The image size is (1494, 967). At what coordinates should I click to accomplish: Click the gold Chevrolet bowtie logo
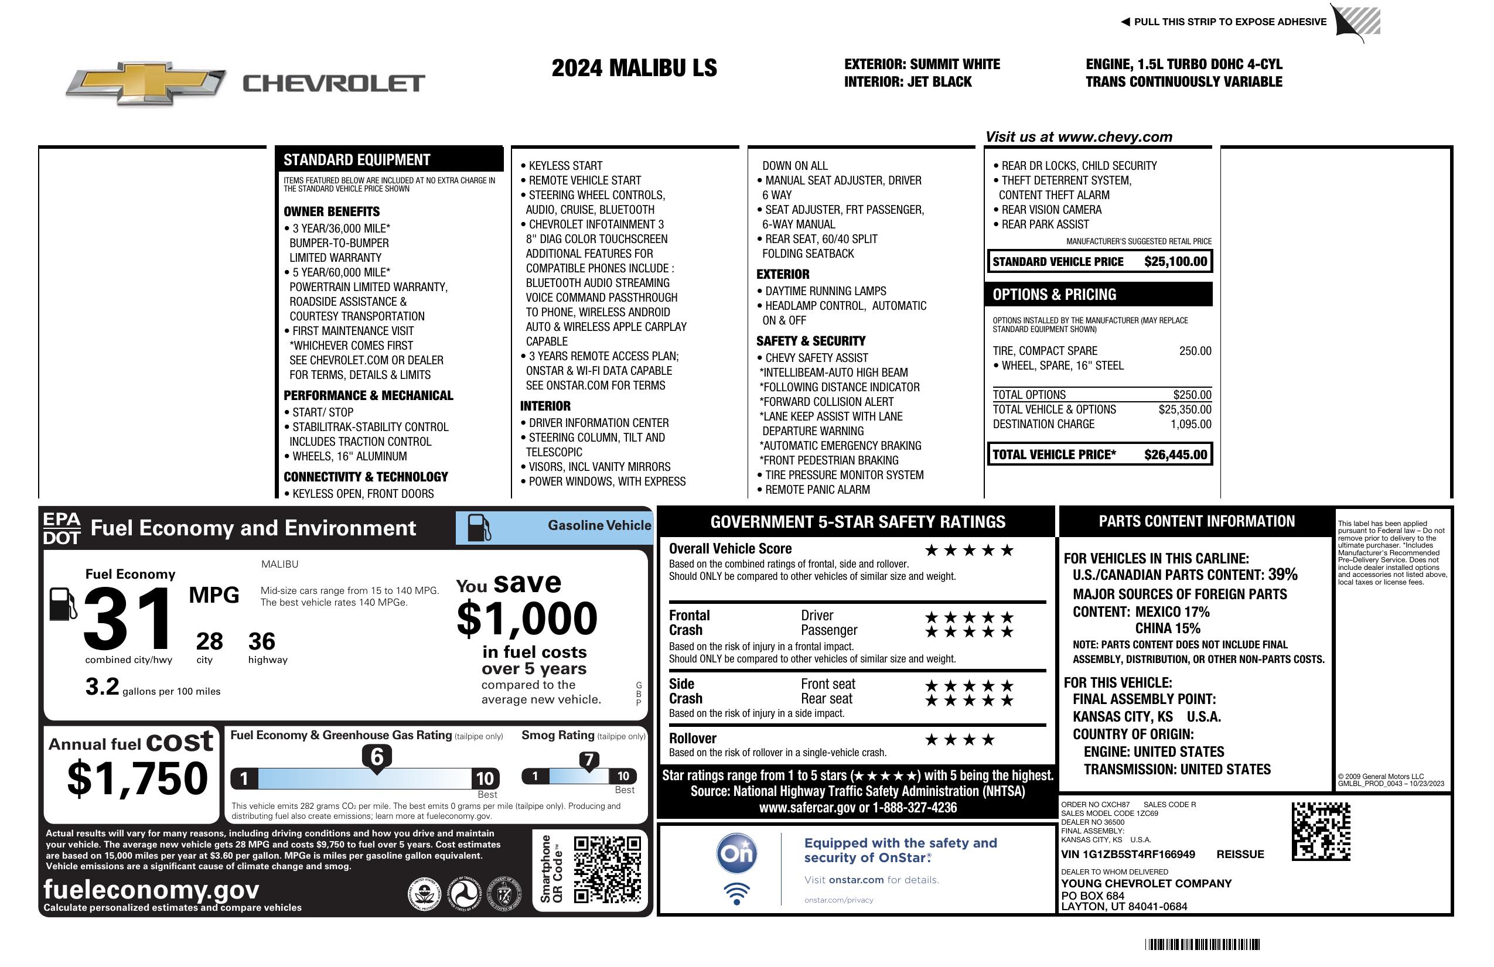pyautogui.click(x=146, y=83)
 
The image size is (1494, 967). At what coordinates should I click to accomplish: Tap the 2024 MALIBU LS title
pyautogui.click(x=634, y=69)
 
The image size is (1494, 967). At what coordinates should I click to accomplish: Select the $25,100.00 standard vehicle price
pyautogui.click(x=1175, y=262)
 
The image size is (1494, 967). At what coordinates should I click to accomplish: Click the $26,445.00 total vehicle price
pyautogui.click(x=1175, y=455)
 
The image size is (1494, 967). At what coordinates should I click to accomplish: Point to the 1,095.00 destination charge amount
pyautogui.click(x=1191, y=424)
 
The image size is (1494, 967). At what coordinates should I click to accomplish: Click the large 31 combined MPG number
pyautogui.click(x=128, y=619)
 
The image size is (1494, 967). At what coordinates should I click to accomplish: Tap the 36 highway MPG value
pyautogui.click(x=261, y=641)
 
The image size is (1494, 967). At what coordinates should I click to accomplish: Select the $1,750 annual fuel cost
pyautogui.click(x=138, y=778)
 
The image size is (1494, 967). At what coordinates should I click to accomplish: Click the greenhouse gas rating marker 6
pyautogui.click(x=377, y=757)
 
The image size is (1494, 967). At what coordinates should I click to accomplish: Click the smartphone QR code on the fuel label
pyautogui.click(x=607, y=869)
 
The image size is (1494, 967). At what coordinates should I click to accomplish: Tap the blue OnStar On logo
pyautogui.click(x=736, y=853)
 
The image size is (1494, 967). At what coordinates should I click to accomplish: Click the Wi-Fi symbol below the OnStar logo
pyautogui.click(x=736, y=894)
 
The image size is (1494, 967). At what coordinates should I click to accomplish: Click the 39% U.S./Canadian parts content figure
pyautogui.click(x=1282, y=574)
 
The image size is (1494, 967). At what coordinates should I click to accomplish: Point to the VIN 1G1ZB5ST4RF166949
pyautogui.click(x=1128, y=855)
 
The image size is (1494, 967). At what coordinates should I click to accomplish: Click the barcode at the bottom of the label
pyautogui.click(x=1202, y=944)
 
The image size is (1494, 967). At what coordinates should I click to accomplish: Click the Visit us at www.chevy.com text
pyautogui.click(x=1079, y=137)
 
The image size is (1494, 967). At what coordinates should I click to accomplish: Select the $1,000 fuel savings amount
pyautogui.click(x=527, y=619)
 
